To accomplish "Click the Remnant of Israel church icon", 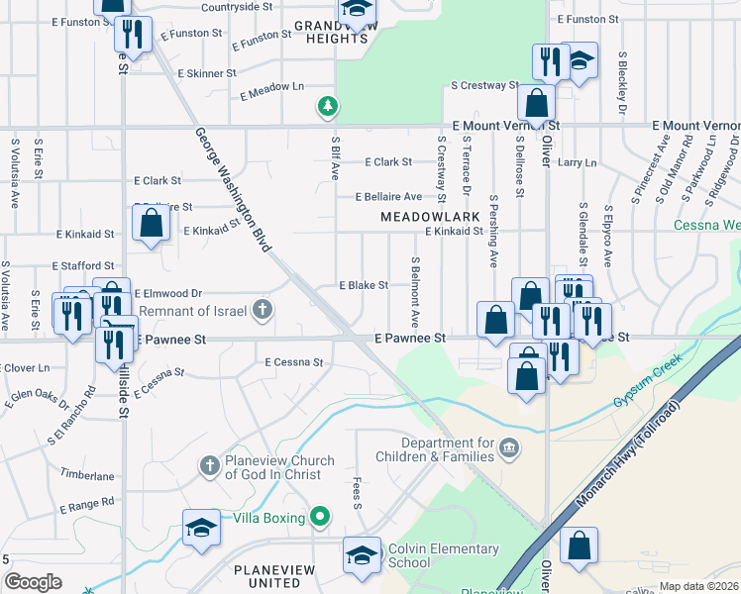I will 263,311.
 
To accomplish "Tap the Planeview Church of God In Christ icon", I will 209,465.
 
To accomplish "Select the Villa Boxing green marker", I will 320,517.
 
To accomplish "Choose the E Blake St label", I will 364,285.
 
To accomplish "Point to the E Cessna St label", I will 294,363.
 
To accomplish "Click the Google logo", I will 33,581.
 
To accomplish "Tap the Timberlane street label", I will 87,475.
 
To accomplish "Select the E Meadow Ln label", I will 271,88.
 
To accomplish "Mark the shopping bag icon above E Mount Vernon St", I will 536,103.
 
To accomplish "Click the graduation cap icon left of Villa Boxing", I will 200,527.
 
